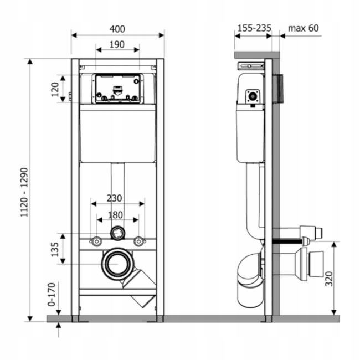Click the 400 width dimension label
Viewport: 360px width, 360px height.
click(117, 28)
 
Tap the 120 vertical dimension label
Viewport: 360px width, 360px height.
click(55, 89)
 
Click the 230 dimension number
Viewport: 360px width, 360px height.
click(115, 197)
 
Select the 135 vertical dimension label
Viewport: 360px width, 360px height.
click(55, 249)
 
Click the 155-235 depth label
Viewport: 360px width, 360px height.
click(253, 28)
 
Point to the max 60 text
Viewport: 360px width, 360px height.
click(303, 28)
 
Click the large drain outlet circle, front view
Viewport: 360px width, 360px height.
click(117, 264)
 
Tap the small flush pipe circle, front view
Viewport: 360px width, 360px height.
click(117, 233)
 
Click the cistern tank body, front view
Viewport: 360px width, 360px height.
click(117, 133)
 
